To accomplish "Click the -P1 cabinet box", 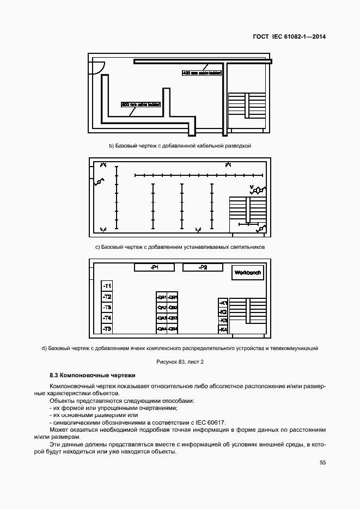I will [154, 267].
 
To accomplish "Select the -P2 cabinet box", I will [203, 267].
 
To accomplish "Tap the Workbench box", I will [247, 273].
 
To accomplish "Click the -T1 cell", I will [107, 286].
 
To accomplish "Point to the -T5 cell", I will [107, 329].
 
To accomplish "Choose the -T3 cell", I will [107, 308].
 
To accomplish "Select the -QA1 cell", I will [161, 297].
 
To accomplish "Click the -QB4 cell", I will [173, 329].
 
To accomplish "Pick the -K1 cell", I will [223, 303].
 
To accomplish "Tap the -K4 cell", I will [223, 329].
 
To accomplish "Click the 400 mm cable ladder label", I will [202, 72].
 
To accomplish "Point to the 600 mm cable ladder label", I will [141, 104].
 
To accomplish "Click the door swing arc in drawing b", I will [98, 68].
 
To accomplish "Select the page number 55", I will [322, 463].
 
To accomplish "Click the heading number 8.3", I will [54, 376].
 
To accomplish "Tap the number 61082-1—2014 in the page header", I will [303, 37].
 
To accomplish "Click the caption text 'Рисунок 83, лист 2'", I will [180, 361].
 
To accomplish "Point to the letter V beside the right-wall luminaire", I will [251, 187].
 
